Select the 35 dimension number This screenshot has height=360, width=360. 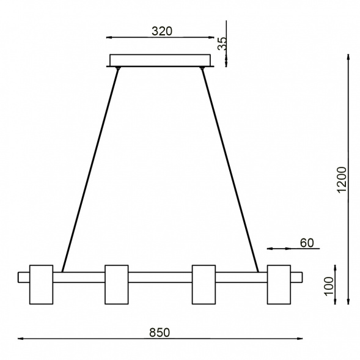point(222,43)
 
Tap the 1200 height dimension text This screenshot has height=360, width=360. point(342,179)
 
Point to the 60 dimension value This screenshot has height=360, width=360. point(306,243)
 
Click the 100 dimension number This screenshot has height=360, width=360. point(328,285)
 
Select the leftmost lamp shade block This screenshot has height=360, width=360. point(42,284)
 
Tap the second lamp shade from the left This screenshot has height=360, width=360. point(116,284)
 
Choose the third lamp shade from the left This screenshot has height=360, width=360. point(204,284)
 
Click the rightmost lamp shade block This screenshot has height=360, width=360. point(278,284)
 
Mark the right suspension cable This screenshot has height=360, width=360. point(230,168)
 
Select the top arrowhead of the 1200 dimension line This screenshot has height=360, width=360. point(348,57)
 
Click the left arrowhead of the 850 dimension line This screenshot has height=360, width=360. point(20,338)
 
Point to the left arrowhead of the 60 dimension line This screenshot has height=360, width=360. point(270,249)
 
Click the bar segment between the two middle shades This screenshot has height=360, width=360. point(160,277)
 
